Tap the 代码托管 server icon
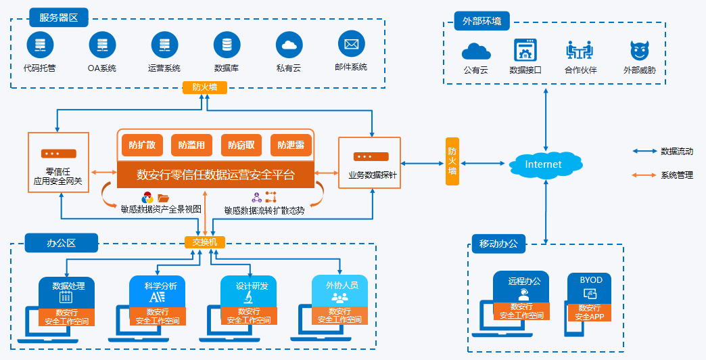click(x=40, y=45)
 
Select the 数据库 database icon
click(x=227, y=45)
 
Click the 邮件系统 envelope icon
click(x=351, y=45)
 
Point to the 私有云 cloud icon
click(x=289, y=45)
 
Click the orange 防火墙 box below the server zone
click(x=204, y=87)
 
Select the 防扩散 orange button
click(x=142, y=145)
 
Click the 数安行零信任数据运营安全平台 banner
click(x=216, y=175)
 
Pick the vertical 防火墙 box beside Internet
click(x=452, y=161)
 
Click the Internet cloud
click(x=544, y=164)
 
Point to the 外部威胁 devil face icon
click(x=638, y=51)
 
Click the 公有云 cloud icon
click(x=475, y=51)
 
